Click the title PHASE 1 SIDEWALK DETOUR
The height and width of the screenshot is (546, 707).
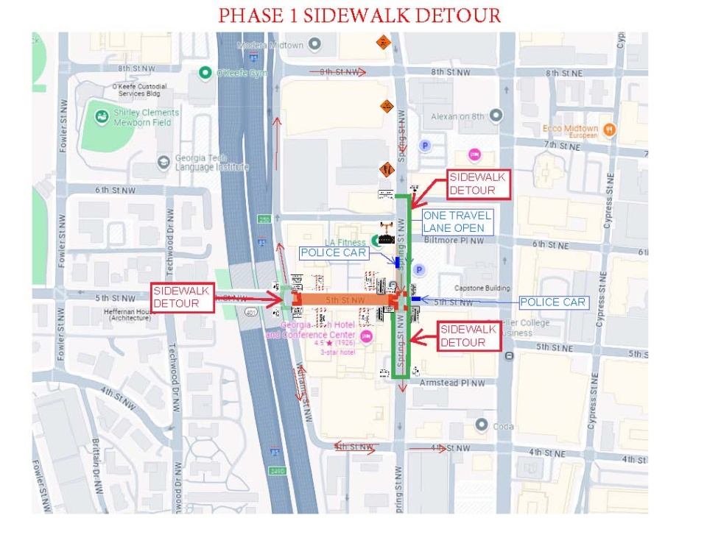pyautogui.click(x=360, y=15)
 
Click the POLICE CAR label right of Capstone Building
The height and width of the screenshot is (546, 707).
pyautogui.click(x=553, y=302)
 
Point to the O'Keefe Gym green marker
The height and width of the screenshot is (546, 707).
pyautogui.click(x=206, y=72)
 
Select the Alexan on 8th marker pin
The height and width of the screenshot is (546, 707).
pyautogui.click(x=496, y=116)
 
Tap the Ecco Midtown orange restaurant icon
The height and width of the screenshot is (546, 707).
pyautogui.click(x=608, y=130)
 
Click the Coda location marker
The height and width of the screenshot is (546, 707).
pyautogui.click(x=482, y=425)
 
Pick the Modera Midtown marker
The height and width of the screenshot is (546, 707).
pyautogui.click(x=315, y=45)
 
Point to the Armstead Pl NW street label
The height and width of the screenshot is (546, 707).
pyautogui.click(x=452, y=383)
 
